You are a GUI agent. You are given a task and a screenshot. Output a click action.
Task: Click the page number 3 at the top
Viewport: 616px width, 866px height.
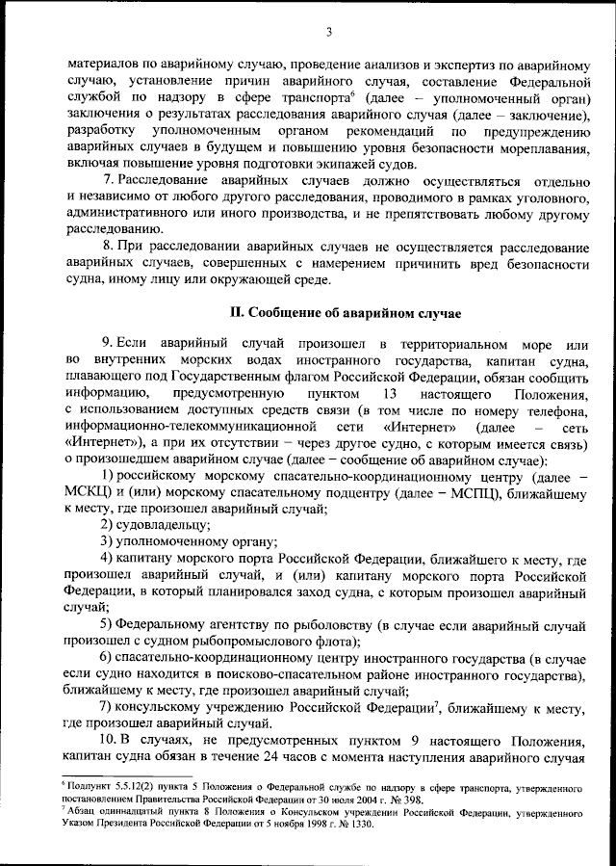point(329,32)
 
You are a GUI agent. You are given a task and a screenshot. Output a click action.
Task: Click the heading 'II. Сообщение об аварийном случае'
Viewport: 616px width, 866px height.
point(345,313)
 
